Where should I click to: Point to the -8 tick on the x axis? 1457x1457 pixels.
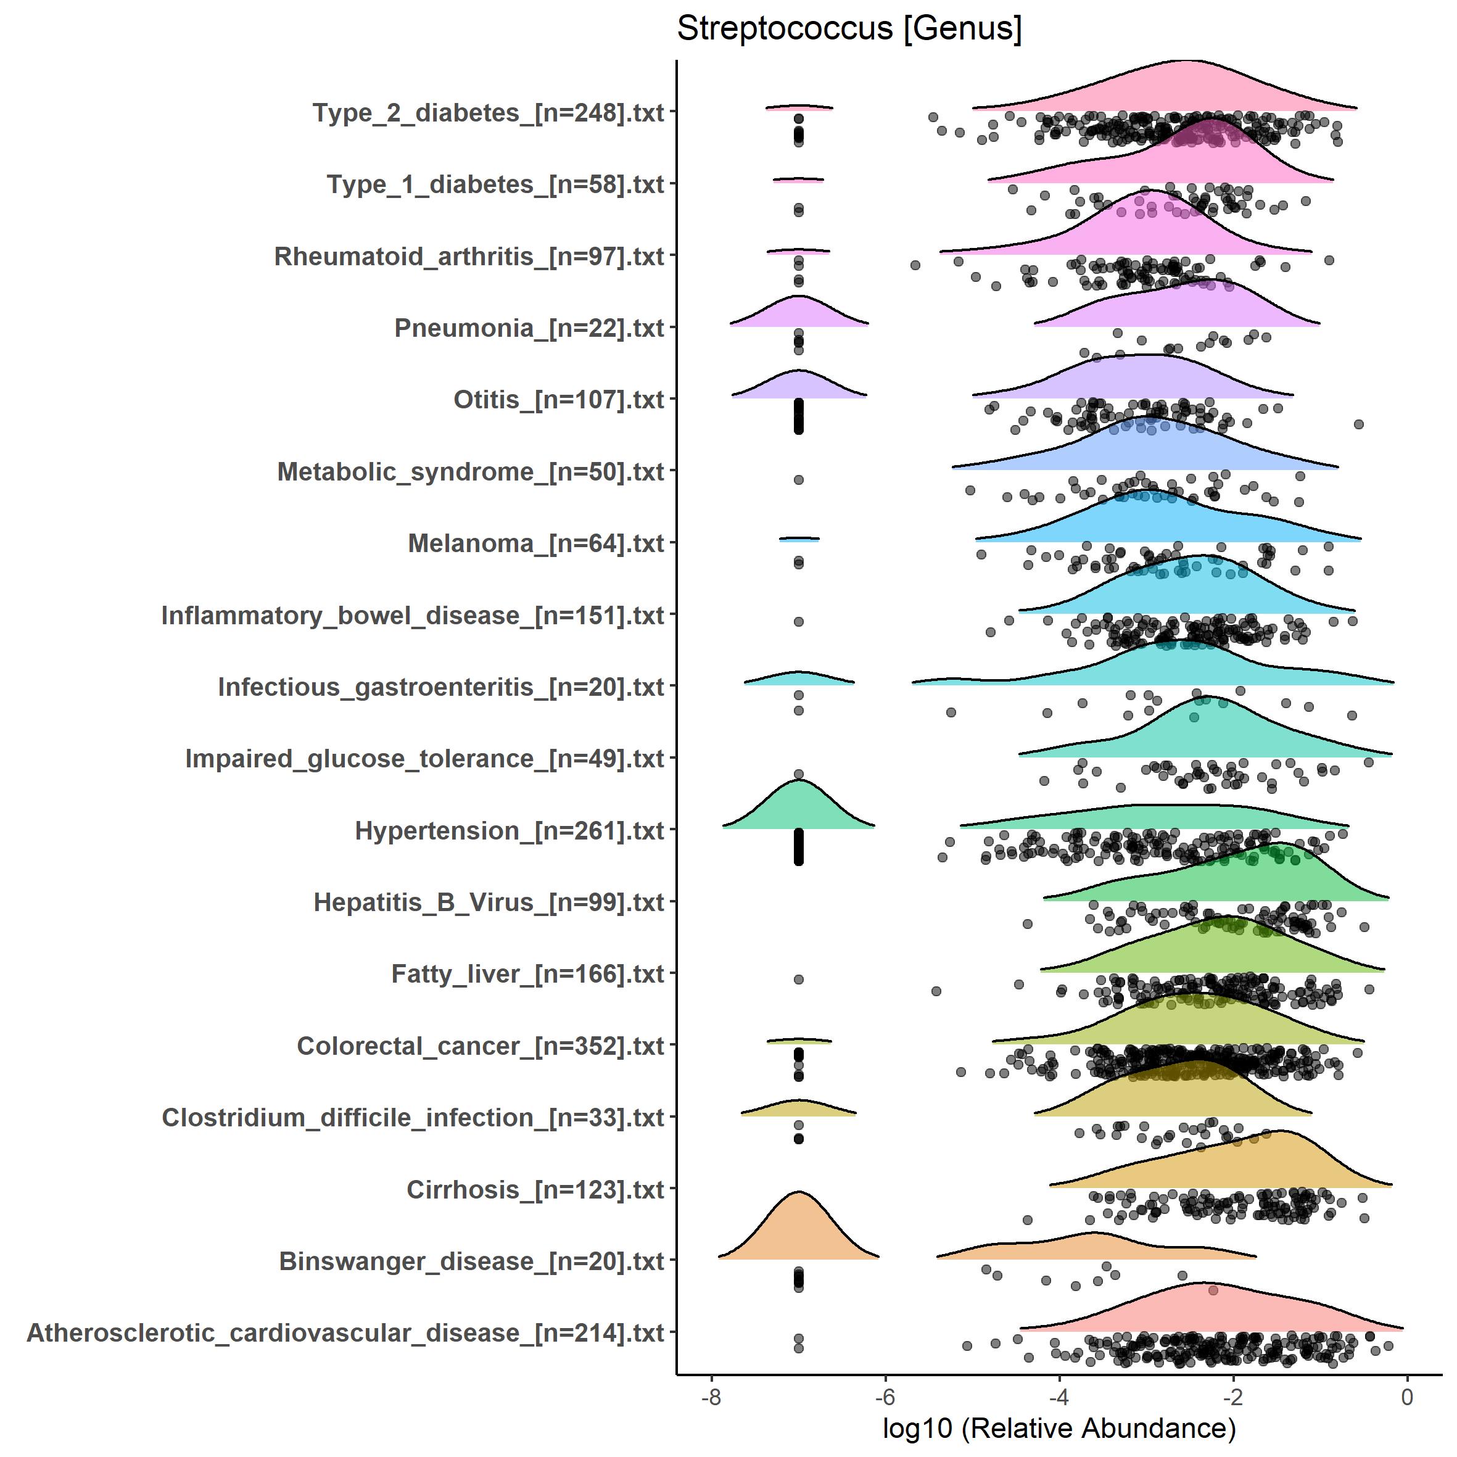[x=711, y=1397]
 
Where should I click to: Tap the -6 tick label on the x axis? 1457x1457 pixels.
[x=885, y=1397]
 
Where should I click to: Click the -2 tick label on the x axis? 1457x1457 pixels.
[x=1232, y=1397]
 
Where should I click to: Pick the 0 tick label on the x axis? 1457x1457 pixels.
[x=1406, y=1397]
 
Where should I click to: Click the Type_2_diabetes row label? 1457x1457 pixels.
[x=488, y=113]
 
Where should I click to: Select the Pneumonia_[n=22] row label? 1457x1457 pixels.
[x=529, y=329]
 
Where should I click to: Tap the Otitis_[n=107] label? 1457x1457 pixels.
[x=558, y=400]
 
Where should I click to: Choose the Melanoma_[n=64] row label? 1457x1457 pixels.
[x=535, y=543]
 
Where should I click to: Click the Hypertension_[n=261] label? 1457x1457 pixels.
[x=509, y=831]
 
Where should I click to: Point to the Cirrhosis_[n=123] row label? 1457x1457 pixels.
[x=535, y=1190]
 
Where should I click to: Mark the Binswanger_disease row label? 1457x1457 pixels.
[x=471, y=1261]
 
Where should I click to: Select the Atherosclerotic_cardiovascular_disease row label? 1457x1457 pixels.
[x=345, y=1333]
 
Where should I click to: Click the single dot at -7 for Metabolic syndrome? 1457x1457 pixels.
[x=799, y=480]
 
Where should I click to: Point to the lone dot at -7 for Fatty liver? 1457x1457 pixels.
[x=799, y=980]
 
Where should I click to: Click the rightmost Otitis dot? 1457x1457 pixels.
[x=1358, y=424]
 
